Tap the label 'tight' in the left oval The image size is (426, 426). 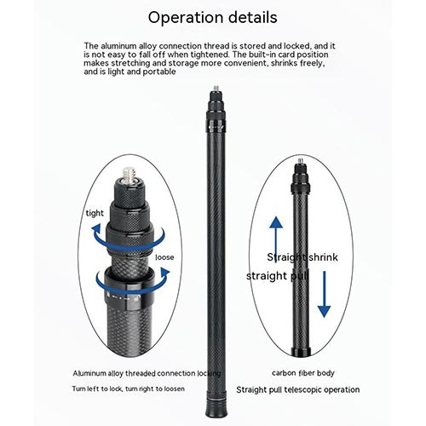click(95, 213)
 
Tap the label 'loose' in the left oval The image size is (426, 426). click(164, 257)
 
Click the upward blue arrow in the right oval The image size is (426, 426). click(276, 239)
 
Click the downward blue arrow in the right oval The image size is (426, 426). click(324, 294)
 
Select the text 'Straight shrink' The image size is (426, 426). click(302, 257)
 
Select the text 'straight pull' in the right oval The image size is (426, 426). click(277, 276)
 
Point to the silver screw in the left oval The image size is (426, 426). click(130, 174)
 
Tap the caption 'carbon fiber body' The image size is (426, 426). click(303, 373)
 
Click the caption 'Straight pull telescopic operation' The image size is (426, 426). click(298, 389)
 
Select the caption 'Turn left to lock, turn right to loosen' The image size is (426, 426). click(128, 389)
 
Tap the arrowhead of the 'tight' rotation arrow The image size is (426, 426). click(96, 228)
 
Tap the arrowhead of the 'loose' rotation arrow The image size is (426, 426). click(164, 273)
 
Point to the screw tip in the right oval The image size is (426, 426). click(301, 161)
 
